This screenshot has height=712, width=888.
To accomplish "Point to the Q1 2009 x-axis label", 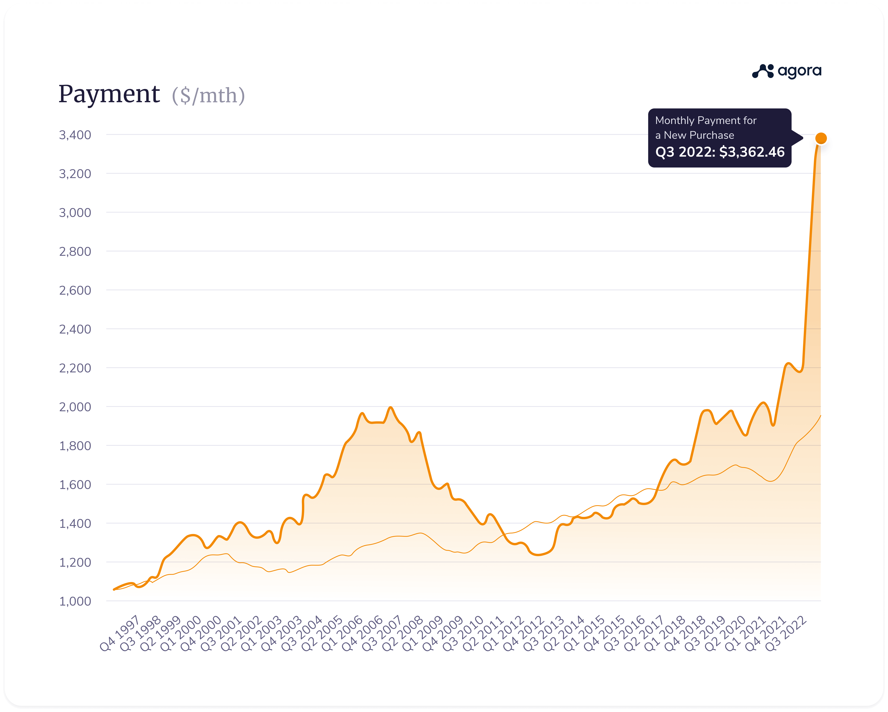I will [422, 633].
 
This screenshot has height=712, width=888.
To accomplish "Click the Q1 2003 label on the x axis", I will [261, 633].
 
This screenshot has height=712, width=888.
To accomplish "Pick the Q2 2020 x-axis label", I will [725, 633].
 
